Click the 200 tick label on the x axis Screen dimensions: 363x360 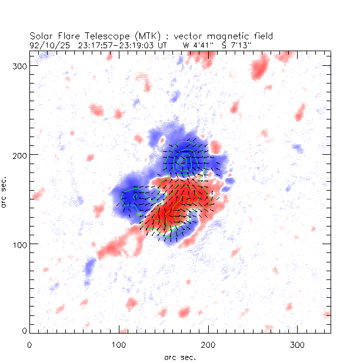click(x=208, y=343)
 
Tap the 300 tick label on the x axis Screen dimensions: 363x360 click(x=297, y=343)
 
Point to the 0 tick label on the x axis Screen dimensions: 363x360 click(x=29, y=343)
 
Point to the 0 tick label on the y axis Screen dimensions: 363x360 click(x=22, y=331)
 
